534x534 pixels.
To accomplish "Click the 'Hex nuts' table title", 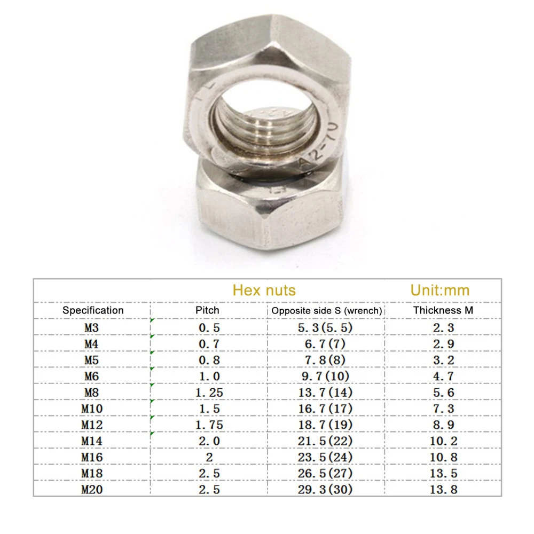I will (x=264, y=290).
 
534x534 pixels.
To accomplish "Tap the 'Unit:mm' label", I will (x=440, y=290).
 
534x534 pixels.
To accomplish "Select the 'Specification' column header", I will (x=93, y=310).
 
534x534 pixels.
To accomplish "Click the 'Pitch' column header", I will (x=207, y=310).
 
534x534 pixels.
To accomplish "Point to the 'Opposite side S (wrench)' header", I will (x=327, y=310).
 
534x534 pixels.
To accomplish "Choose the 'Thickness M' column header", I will (x=443, y=310).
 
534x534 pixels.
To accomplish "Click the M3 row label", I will (x=92, y=327).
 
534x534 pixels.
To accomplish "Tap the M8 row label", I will (x=92, y=392).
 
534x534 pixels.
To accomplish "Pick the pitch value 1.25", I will (x=209, y=392).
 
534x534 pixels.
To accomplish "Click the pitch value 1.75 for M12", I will (x=209, y=425).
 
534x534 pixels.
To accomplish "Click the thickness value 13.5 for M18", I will (x=443, y=473).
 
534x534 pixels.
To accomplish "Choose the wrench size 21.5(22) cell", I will (x=325, y=441).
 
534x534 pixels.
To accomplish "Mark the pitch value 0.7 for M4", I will (x=209, y=344).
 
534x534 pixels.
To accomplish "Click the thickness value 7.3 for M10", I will (x=443, y=409).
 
